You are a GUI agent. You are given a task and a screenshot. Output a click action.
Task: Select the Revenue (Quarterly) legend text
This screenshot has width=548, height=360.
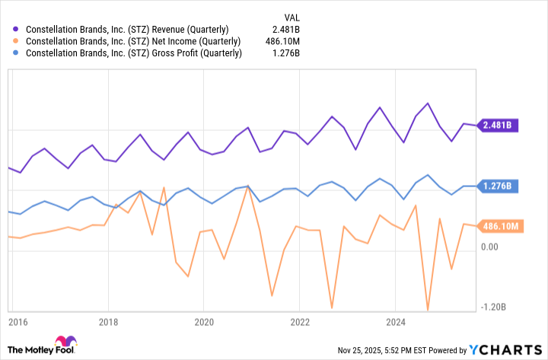click(x=127, y=29)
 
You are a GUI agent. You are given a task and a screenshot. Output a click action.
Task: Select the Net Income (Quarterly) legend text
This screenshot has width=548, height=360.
click(x=133, y=41)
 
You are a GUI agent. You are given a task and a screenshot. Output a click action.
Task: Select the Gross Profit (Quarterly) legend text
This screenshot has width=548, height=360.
click(x=134, y=53)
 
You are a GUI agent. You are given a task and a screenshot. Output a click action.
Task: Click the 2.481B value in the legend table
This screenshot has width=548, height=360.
click(x=285, y=29)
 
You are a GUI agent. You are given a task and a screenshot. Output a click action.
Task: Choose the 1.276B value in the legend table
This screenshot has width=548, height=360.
click(x=285, y=53)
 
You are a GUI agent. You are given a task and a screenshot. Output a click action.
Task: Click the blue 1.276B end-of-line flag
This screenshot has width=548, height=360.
click(x=498, y=186)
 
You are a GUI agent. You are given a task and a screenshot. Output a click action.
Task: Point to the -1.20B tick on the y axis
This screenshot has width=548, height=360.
click(x=493, y=307)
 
